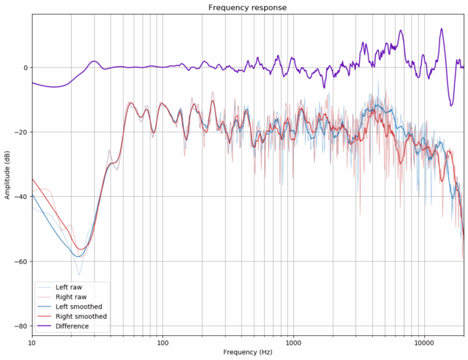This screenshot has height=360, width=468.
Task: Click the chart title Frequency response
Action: pos(247,7)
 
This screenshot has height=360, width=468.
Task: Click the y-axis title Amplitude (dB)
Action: pos(7,173)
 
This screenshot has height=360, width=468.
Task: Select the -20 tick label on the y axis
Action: pos(20,132)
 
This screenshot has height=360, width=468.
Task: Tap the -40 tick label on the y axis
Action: pos(20,197)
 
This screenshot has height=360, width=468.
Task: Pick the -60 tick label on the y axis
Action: pos(20,261)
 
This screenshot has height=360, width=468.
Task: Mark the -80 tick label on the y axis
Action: pos(20,326)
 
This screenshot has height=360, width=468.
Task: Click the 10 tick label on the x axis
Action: pos(31,342)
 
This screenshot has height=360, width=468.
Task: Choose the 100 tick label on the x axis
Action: pos(162,342)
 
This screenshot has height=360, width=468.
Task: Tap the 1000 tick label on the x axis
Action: pos(293,342)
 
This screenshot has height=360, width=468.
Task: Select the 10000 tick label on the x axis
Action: pos(424,342)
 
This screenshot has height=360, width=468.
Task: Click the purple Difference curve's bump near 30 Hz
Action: pos(94,61)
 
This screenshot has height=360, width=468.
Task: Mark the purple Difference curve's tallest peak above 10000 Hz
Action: pos(442,29)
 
